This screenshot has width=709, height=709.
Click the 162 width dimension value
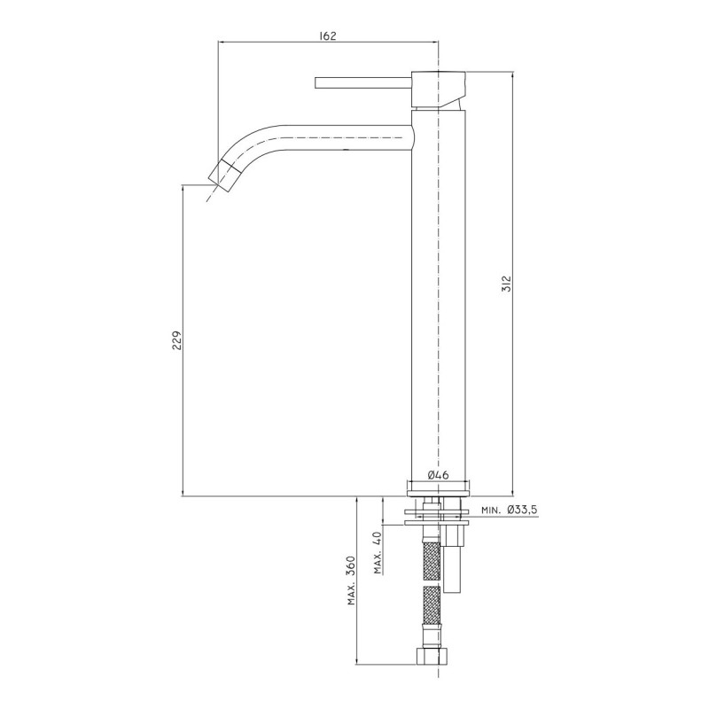pyautogui.click(x=328, y=35)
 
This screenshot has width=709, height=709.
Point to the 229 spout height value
pyautogui.click(x=176, y=340)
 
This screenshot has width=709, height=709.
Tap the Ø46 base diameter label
pyautogui.click(x=437, y=475)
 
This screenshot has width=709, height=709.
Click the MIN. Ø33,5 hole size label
pyautogui.click(x=509, y=510)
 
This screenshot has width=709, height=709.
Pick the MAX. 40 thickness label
pyautogui.click(x=378, y=552)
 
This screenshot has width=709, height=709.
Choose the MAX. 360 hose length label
pyautogui.click(x=351, y=580)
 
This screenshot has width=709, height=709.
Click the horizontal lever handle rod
pyautogui.click(x=363, y=83)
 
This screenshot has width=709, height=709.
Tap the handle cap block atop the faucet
pyautogui.click(x=438, y=90)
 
